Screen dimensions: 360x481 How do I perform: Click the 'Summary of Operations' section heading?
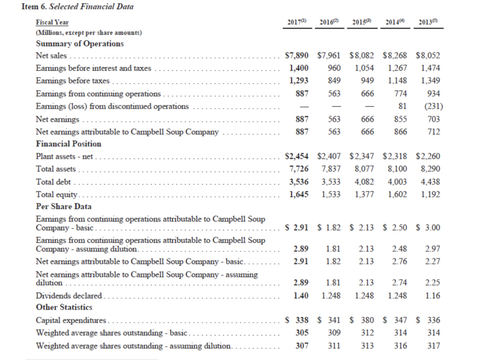click(80, 44)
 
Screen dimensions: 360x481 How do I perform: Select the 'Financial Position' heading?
click(69, 144)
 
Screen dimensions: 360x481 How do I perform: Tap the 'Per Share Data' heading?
click(63, 207)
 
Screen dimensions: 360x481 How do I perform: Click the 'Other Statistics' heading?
click(64, 307)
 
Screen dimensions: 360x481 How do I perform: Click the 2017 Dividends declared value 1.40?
click(301, 296)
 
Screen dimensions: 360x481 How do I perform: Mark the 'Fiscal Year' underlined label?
click(52, 23)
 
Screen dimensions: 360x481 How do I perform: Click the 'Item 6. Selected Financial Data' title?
click(78, 7)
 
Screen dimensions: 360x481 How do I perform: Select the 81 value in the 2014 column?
click(402, 107)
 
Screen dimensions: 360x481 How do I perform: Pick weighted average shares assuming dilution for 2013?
click(434, 346)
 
